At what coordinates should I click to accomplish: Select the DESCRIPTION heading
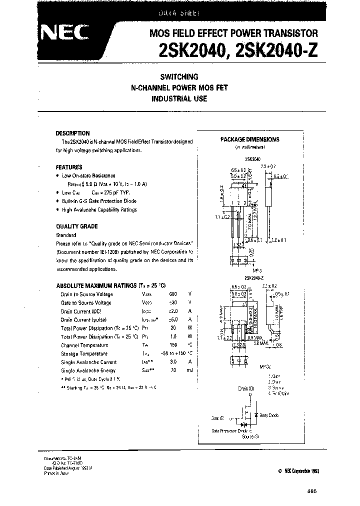point(72,133)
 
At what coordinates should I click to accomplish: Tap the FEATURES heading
point(69,167)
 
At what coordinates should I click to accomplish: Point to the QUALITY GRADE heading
point(76,226)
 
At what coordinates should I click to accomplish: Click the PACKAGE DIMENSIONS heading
point(249,139)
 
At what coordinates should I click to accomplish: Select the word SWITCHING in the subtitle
point(179,77)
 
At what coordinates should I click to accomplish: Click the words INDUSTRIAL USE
point(179,99)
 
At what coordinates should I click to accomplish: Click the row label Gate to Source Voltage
point(86,303)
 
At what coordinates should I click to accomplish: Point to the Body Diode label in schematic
point(269,415)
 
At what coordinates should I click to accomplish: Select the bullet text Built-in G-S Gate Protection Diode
point(98,201)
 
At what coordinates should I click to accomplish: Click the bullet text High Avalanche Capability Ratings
point(99,209)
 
